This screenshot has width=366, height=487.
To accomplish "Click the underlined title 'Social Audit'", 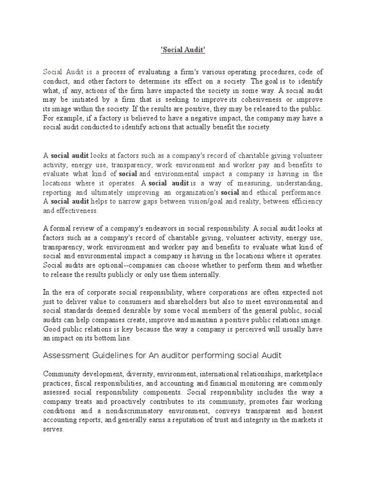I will point(183,49).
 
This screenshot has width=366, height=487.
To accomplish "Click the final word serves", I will point(52,429).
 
